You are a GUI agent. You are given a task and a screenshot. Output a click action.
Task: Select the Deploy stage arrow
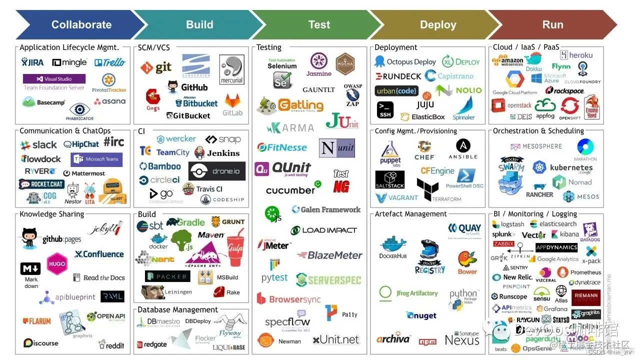coord(438,24)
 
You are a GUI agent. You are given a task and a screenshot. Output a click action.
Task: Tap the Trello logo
coord(110,62)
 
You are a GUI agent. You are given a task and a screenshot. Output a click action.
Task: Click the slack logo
coord(38,145)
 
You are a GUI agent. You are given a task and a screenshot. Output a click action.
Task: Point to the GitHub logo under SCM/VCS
coord(188,87)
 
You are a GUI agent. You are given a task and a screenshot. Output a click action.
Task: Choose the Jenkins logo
coord(217,153)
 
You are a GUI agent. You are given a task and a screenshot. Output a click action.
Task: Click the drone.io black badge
coord(217,171)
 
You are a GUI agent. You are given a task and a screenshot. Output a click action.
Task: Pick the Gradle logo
coord(185,222)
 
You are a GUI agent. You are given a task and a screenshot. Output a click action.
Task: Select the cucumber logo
coord(291,190)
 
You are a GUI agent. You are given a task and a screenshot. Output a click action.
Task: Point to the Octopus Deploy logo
coord(405,62)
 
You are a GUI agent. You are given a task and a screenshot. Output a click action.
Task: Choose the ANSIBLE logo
coord(463,149)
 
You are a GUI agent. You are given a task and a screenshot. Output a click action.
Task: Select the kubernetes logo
coord(564,168)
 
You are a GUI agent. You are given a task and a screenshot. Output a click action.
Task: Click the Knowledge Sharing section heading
coord(51,214)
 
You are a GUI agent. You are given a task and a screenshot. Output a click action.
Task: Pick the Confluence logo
coord(99,254)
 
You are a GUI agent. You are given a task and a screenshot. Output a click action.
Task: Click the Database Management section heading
coord(177,309)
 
